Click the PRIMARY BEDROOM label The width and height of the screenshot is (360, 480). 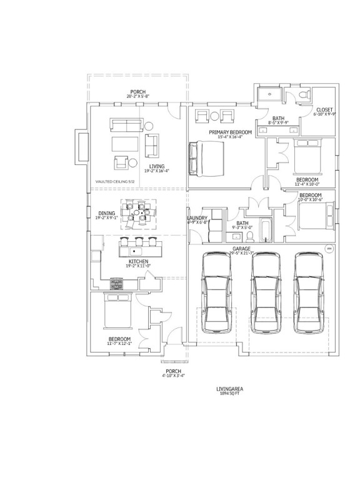231,132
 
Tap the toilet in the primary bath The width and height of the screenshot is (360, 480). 303,95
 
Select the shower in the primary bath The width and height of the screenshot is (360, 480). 269,94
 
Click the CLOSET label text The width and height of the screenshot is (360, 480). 324,110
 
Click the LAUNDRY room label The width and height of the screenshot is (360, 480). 197,219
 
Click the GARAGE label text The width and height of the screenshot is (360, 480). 242,249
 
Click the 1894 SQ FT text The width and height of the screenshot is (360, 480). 230,394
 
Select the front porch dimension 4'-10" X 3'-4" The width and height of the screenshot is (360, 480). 173,376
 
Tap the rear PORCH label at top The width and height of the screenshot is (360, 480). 138,91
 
